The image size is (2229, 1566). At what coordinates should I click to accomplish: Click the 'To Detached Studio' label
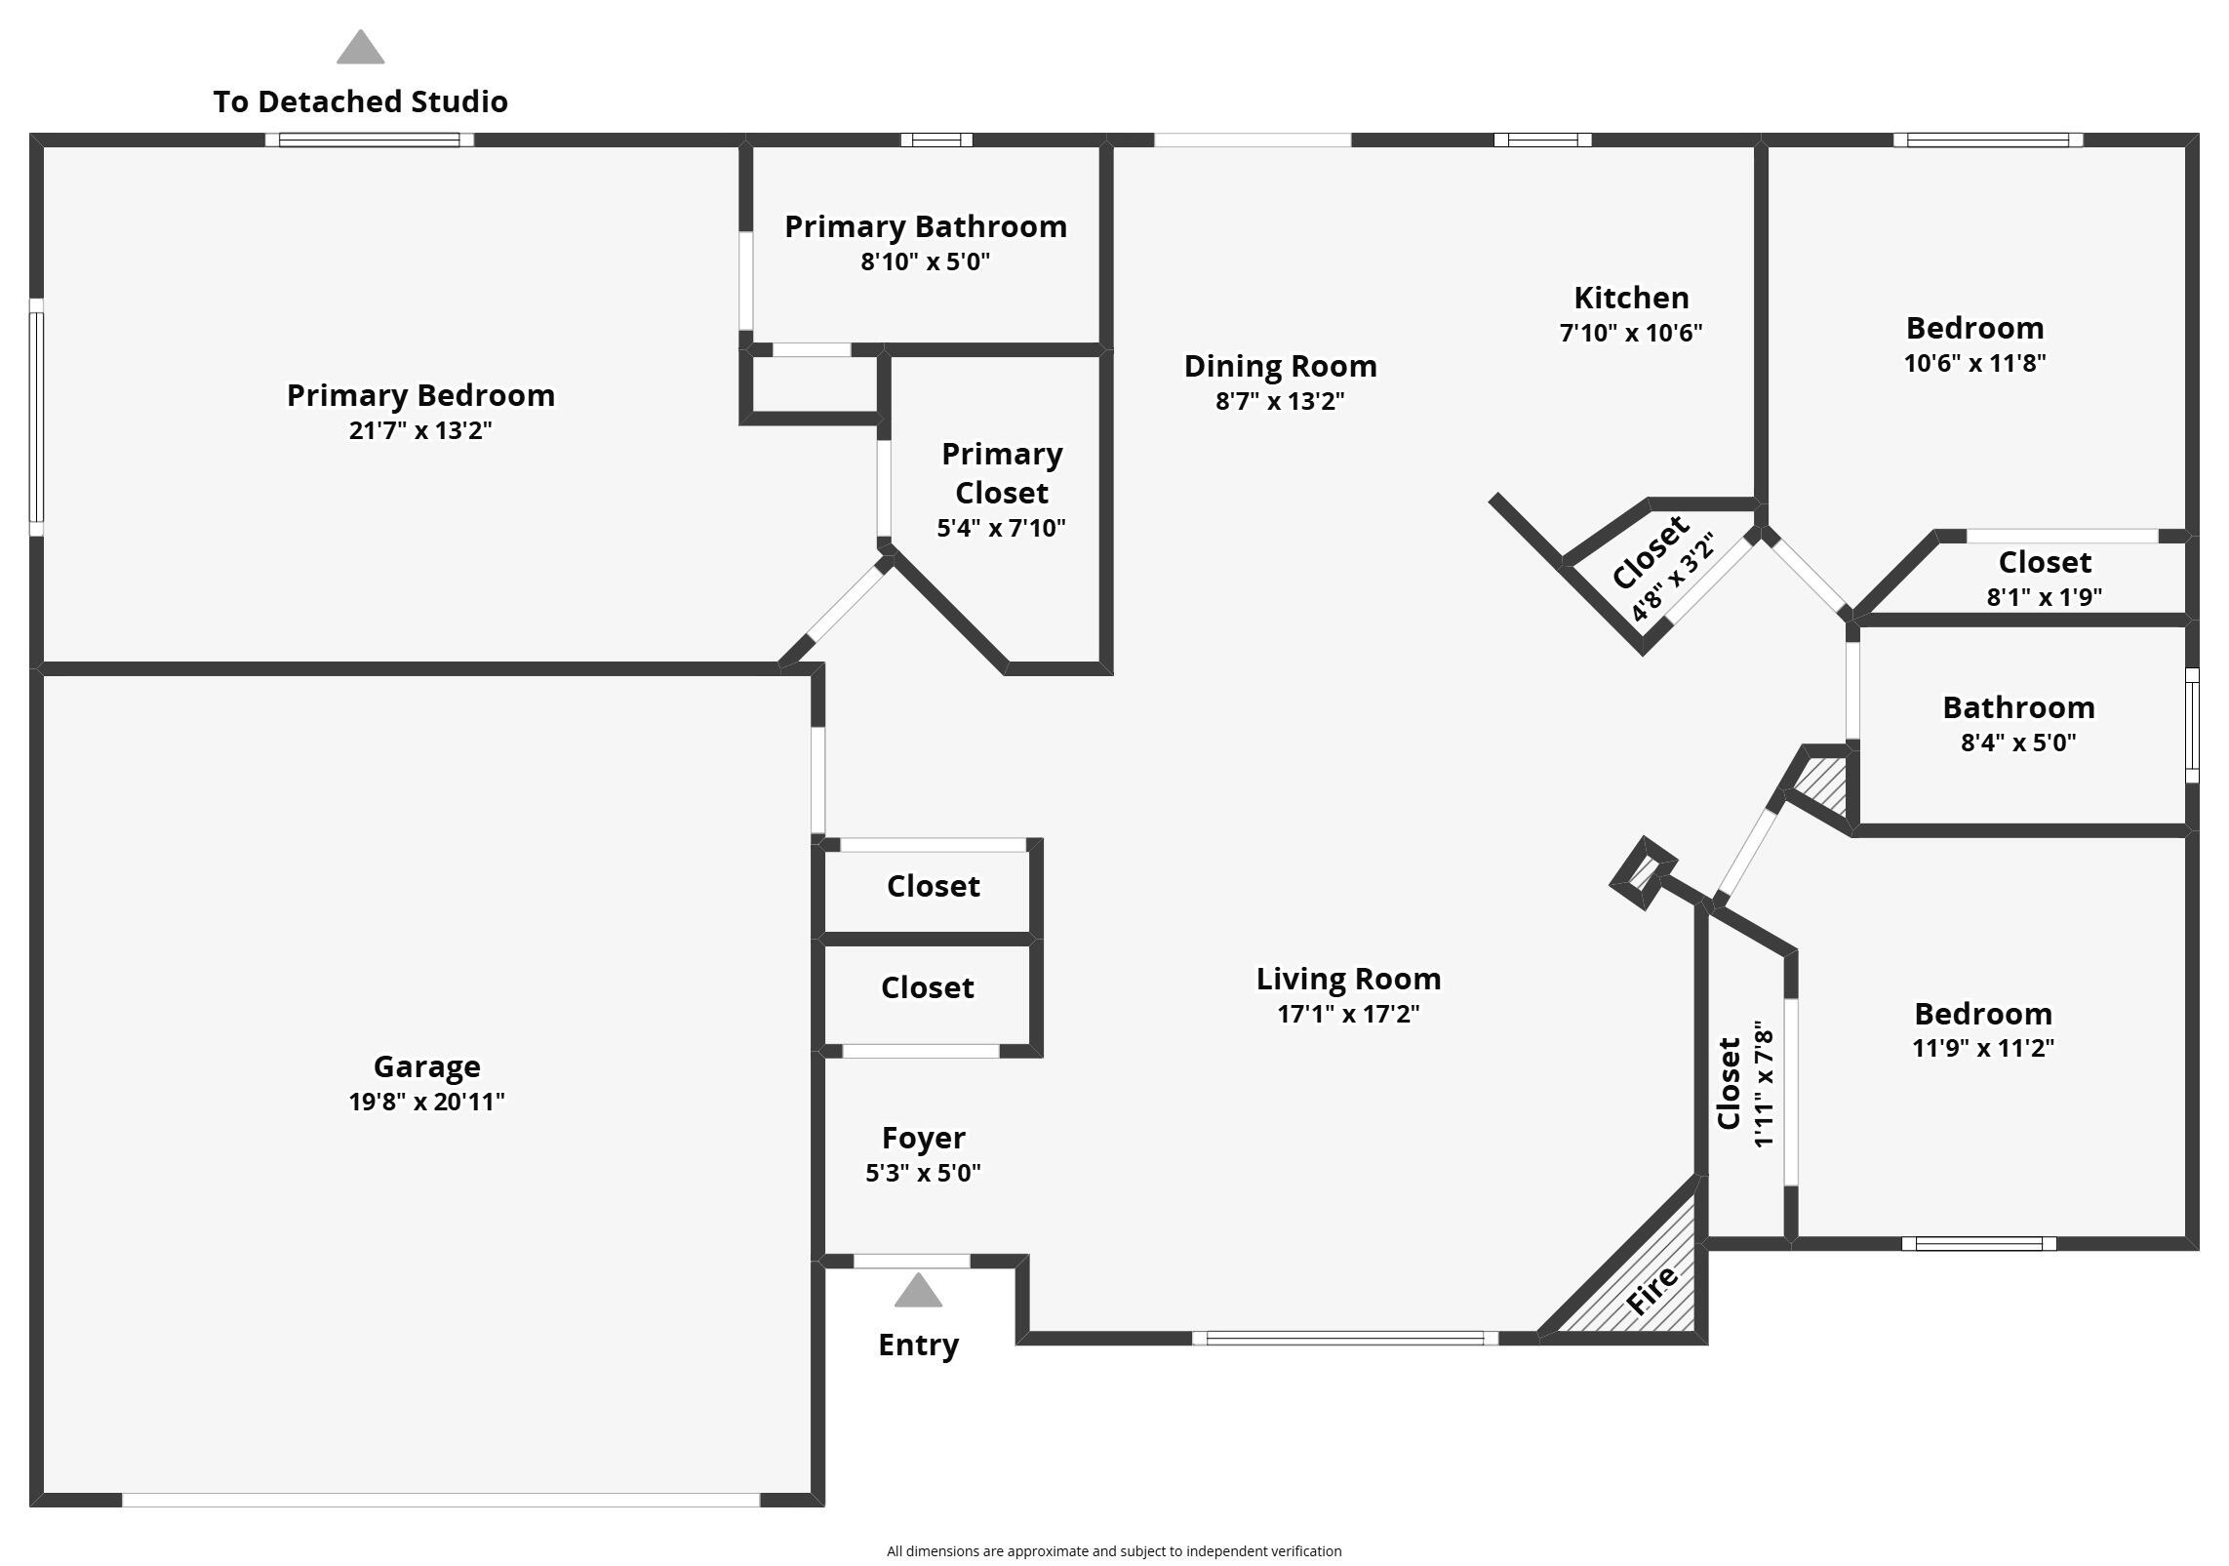coord(360,101)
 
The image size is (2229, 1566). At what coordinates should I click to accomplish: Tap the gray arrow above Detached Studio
coord(360,48)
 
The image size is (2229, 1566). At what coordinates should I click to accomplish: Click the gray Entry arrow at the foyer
coord(918,1291)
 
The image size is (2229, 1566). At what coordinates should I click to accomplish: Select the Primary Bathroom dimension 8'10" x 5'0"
coord(925,261)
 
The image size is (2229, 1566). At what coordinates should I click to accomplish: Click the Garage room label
coord(426,1066)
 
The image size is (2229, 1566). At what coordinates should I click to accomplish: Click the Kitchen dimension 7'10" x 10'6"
coord(1630,333)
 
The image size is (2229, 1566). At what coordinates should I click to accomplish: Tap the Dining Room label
coord(1280,366)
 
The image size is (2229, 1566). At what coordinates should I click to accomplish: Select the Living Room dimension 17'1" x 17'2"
coord(1348,1014)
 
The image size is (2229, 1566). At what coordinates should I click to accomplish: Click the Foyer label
coord(923,1138)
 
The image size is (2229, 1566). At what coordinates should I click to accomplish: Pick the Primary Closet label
coord(1001,473)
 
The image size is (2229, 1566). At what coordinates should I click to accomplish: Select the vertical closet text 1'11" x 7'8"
coord(1764,1083)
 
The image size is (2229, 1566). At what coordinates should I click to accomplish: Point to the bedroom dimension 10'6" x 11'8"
coord(1974,363)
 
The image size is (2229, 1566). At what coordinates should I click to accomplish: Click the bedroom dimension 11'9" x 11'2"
coord(1982,1048)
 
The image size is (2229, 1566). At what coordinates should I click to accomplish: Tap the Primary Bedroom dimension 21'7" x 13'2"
coord(420,430)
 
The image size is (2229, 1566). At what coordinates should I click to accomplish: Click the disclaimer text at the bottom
coord(1113,1550)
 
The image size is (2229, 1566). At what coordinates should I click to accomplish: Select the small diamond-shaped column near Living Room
coord(1644,872)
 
